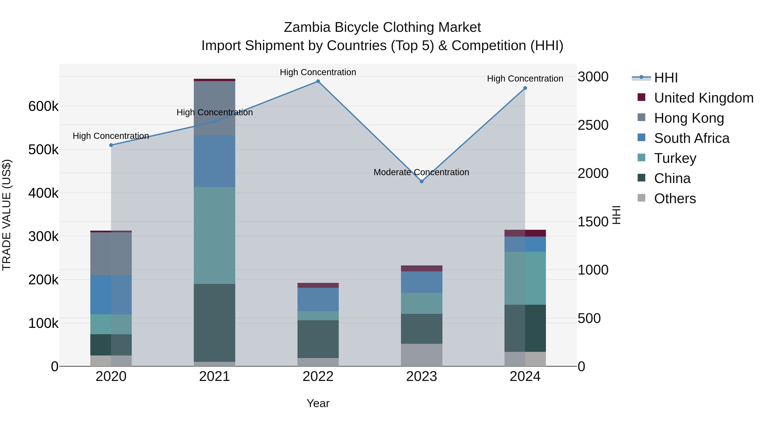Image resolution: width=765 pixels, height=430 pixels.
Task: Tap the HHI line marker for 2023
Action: (421, 181)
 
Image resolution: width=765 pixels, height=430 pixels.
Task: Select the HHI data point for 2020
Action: (111, 145)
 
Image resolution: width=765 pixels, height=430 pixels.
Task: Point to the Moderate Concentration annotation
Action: (421, 172)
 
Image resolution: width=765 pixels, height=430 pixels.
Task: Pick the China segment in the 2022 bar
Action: (318, 339)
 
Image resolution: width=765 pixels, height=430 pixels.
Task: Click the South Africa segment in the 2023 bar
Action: (421, 282)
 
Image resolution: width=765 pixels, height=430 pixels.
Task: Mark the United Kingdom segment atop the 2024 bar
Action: (525, 233)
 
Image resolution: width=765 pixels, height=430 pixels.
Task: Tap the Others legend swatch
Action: (642, 198)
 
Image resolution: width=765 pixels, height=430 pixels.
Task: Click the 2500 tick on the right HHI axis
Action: (593, 125)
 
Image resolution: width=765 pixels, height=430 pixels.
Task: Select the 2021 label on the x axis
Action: (214, 376)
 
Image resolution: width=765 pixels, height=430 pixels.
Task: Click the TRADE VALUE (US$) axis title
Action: (7, 215)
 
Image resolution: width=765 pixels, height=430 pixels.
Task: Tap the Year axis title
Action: (318, 403)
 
